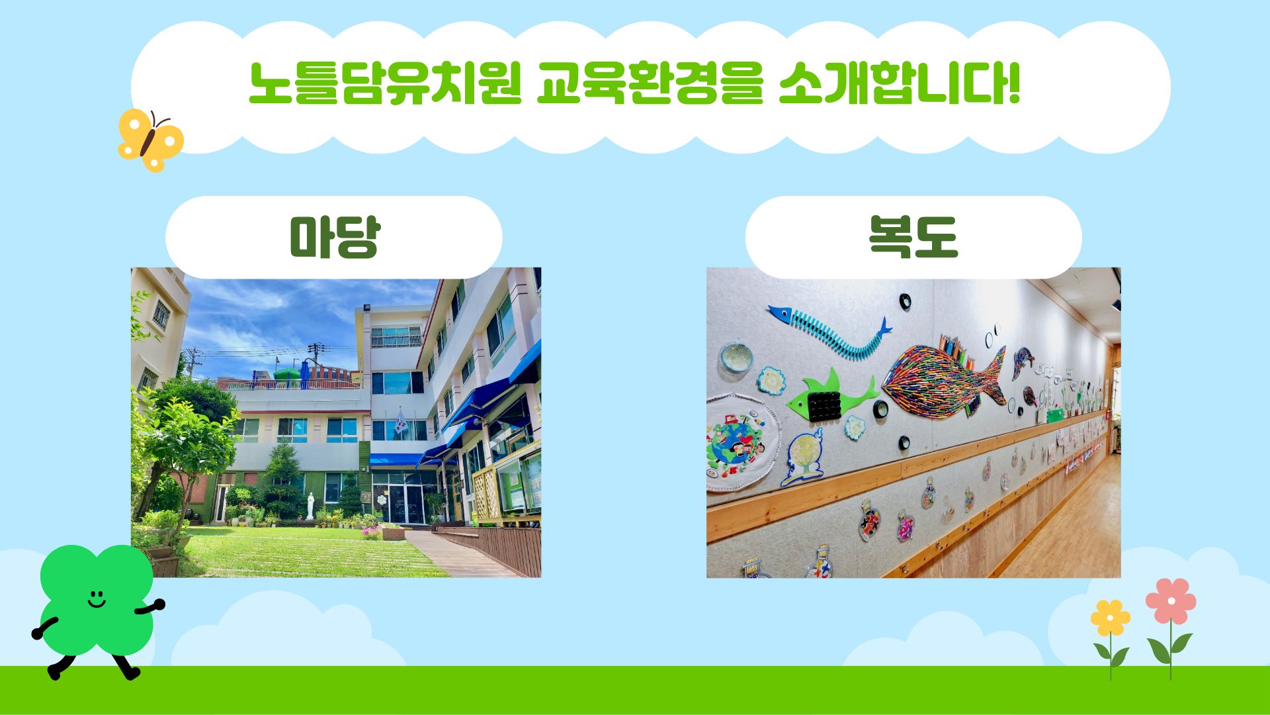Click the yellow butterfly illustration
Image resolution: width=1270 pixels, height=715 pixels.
150,140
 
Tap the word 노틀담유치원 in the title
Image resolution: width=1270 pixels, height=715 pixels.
385,84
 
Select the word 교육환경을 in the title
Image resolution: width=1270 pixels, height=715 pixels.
649,84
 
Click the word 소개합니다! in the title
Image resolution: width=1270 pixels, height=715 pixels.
899,84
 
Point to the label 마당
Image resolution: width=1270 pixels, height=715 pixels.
334,237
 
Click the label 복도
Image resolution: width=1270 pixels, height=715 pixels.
913,237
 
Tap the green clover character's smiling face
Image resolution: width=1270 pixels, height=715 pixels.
97,599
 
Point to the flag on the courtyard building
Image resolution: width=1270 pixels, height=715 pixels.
400,421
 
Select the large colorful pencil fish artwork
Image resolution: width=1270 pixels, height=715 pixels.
946,378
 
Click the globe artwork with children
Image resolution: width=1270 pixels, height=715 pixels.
734,442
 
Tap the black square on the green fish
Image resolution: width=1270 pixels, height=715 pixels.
824,405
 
